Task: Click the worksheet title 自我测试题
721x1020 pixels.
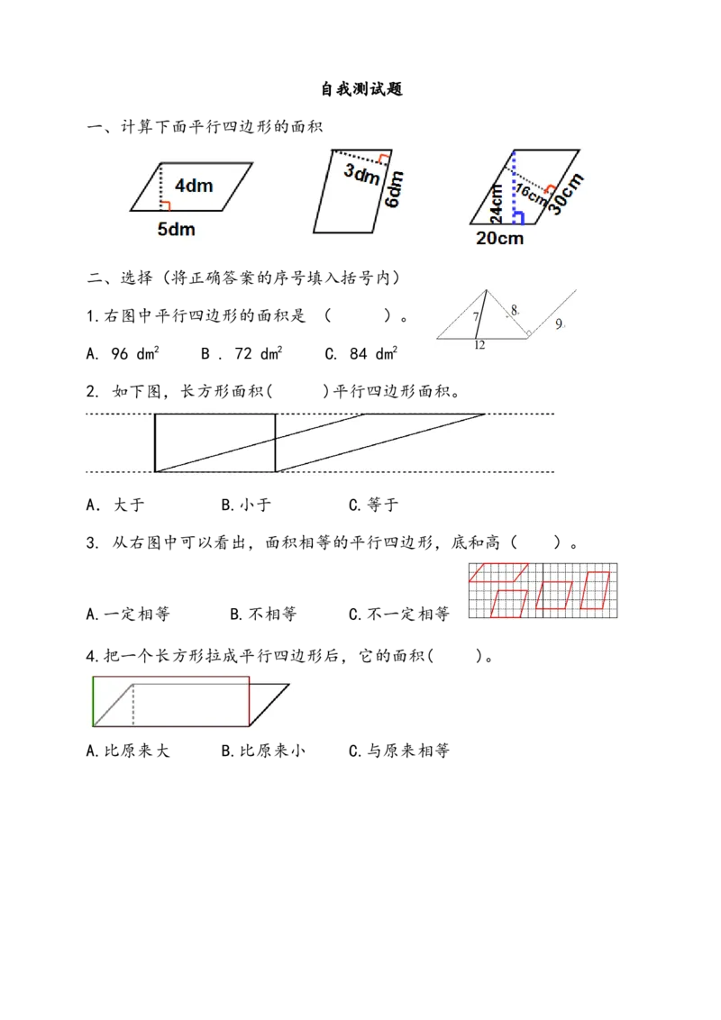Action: (x=361, y=89)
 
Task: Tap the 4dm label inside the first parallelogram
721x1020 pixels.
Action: (x=194, y=186)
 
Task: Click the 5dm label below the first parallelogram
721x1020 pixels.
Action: (x=177, y=229)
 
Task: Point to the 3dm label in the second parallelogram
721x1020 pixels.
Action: (x=361, y=173)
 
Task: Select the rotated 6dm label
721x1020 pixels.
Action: (x=394, y=188)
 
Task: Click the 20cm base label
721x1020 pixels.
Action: (x=500, y=238)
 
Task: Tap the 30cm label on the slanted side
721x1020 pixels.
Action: (x=565, y=194)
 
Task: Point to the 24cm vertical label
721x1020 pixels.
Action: (x=497, y=203)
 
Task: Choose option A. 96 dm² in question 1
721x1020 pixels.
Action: (x=123, y=353)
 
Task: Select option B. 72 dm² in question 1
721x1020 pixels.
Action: (x=242, y=353)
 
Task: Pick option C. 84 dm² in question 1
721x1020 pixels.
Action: (x=361, y=353)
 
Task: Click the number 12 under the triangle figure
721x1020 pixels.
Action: (x=479, y=345)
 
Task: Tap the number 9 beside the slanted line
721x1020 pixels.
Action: (x=559, y=323)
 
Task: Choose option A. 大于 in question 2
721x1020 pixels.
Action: (x=115, y=505)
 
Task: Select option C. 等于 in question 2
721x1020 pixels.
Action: (x=373, y=505)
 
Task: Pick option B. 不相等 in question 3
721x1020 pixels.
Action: (x=263, y=615)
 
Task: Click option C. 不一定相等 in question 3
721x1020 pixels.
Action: (x=399, y=615)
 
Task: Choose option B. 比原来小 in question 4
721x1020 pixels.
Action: (x=263, y=751)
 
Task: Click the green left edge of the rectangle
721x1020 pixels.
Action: (x=93, y=701)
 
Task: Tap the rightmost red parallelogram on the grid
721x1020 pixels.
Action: (x=596, y=591)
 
